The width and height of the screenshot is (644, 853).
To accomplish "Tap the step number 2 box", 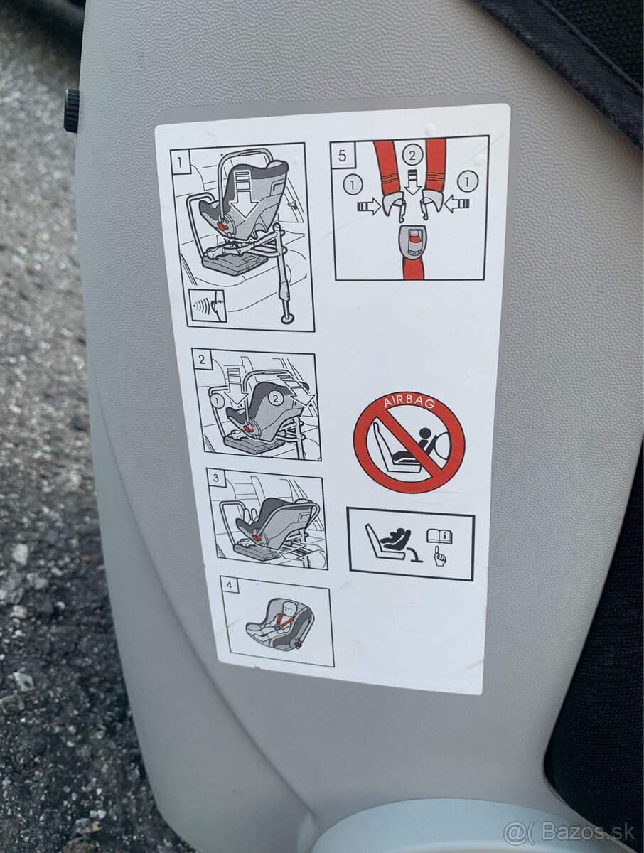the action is (202, 359).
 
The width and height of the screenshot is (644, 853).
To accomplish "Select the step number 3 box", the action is (216, 478).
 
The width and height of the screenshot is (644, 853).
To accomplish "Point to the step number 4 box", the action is (230, 586).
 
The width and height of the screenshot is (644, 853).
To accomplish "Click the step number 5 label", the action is (342, 156).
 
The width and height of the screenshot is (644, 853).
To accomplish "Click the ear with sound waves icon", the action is (207, 306).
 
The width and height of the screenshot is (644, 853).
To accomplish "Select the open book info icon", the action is (440, 537).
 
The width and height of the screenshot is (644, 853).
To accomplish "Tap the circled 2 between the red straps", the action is (412, 156).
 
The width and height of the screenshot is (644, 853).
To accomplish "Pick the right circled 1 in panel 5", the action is (467, 181).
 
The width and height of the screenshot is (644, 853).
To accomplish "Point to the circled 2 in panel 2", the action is (276, 397).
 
